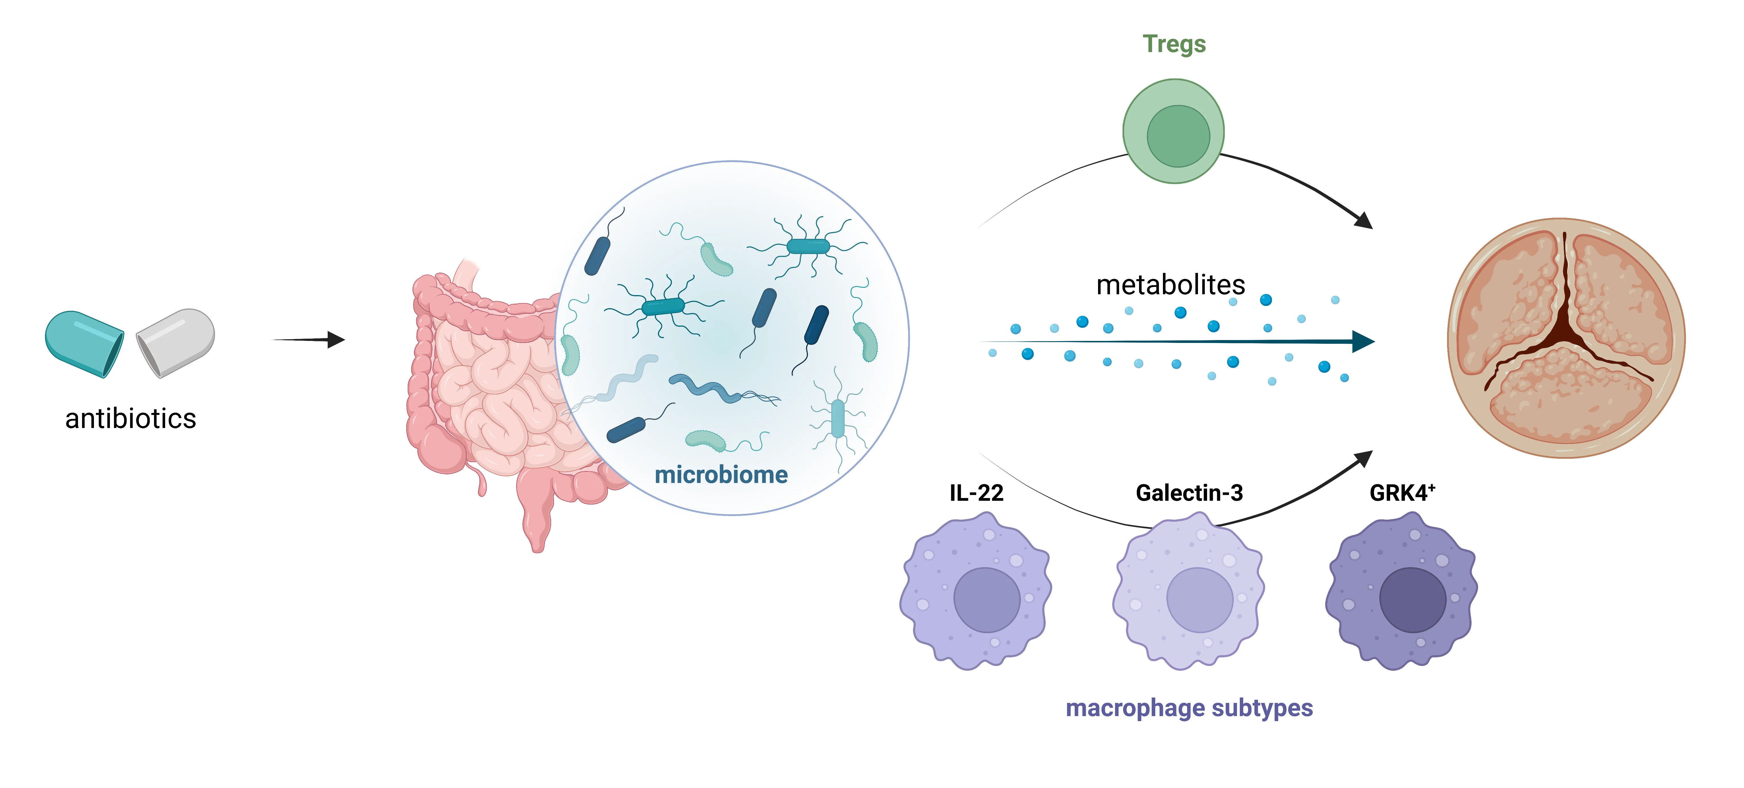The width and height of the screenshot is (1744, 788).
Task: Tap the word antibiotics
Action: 131,418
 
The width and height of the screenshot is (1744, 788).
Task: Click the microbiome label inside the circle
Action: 721,475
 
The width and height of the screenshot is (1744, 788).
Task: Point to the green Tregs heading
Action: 1174,44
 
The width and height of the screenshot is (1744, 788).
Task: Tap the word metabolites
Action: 1171,284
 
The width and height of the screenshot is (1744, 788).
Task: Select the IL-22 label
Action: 976,493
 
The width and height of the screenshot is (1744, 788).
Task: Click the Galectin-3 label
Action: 1189,493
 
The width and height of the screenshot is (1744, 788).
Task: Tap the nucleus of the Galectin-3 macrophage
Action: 1199,600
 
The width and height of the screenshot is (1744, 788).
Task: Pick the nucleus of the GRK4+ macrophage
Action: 1412,600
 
